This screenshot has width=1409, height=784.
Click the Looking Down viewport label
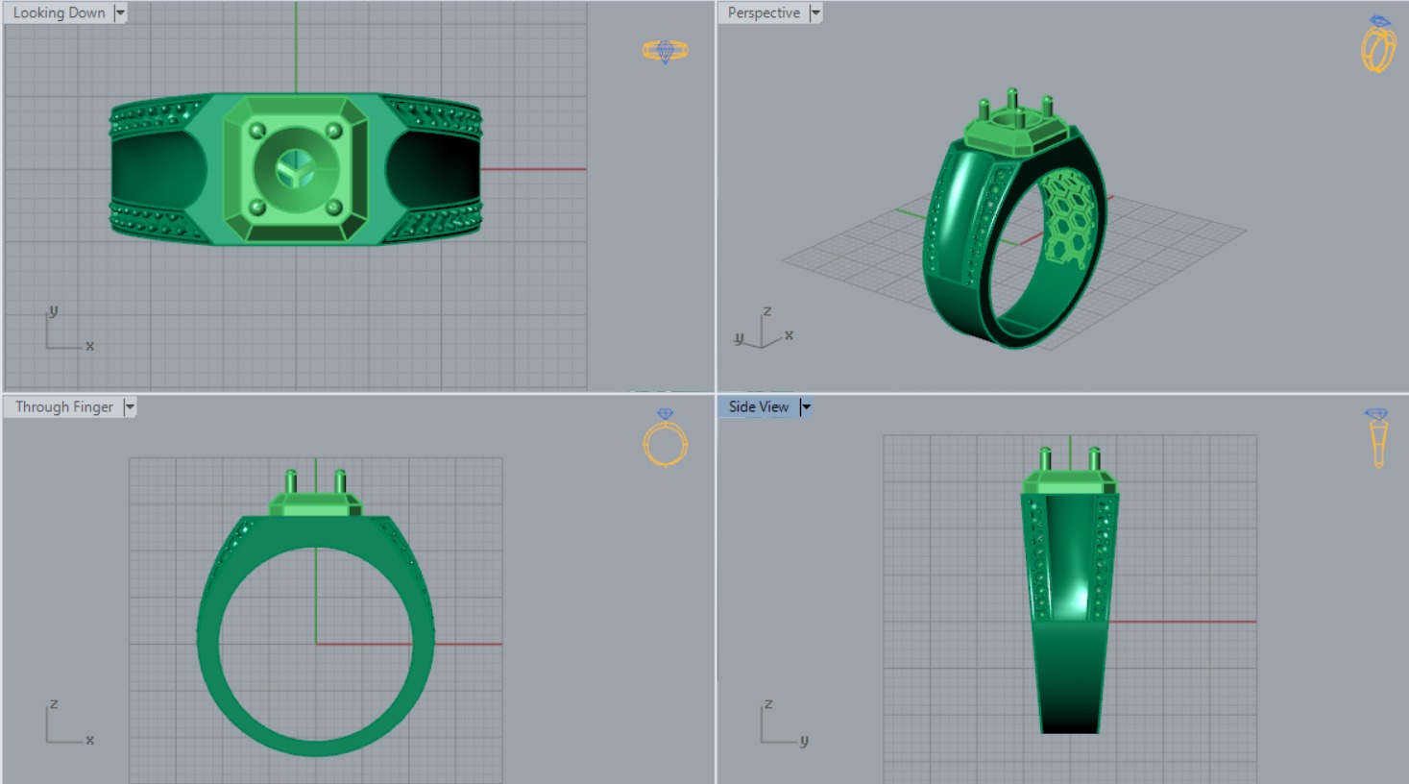pos(59,12)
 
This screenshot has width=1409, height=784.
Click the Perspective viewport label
pos(764,12)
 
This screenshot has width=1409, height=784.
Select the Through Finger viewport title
pos(63,406)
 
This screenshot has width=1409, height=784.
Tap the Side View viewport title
pos(758,406)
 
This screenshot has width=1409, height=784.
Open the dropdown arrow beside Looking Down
pos(120,12)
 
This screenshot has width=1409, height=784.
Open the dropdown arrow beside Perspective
pos(815,12)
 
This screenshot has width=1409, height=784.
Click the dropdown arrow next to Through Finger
pos(130,406)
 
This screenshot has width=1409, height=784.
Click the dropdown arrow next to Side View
pos(806,406)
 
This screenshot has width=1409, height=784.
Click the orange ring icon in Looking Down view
pos(665,50)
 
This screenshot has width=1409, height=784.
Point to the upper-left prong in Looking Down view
pos(256,131)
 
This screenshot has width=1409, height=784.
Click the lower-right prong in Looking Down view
pos(334,208)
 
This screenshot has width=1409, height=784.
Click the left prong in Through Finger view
pos(292,480)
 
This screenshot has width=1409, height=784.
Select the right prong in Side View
pos(1094,458)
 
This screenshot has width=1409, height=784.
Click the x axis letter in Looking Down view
pos(90,346)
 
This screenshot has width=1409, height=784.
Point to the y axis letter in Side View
pos(804,740)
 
